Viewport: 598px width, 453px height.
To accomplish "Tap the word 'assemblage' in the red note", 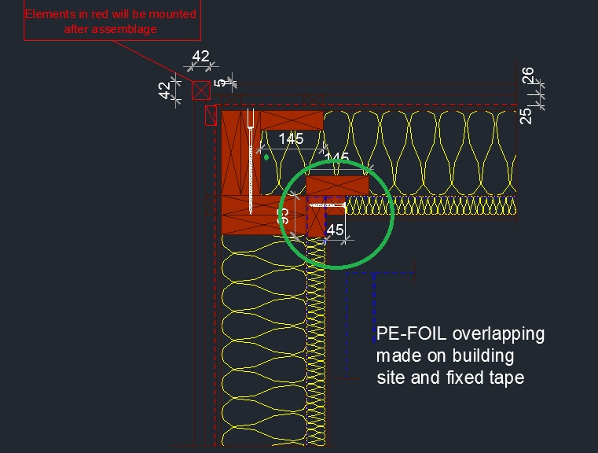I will point(127,28).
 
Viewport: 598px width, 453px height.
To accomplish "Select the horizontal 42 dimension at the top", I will point(201,57).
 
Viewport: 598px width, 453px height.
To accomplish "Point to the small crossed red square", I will point(201,90).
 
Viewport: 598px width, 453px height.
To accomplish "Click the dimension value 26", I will point(527,77).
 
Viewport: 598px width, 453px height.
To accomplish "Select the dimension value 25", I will point(526,115).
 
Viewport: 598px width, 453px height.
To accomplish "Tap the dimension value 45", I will point(335,230).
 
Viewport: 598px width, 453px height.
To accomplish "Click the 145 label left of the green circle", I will point(291,139).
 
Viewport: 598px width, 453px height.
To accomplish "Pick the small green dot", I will point(266,157).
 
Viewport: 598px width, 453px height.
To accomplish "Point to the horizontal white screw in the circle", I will point(327,206).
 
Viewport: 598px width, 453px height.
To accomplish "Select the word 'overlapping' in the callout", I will point(498,333).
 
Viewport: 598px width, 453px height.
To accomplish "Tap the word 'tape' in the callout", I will point(506,377).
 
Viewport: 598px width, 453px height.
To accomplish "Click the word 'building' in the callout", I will point(486,355).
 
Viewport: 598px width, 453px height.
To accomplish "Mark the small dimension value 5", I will point(222,82).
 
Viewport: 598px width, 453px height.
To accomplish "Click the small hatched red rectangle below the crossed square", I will point(210,116).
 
